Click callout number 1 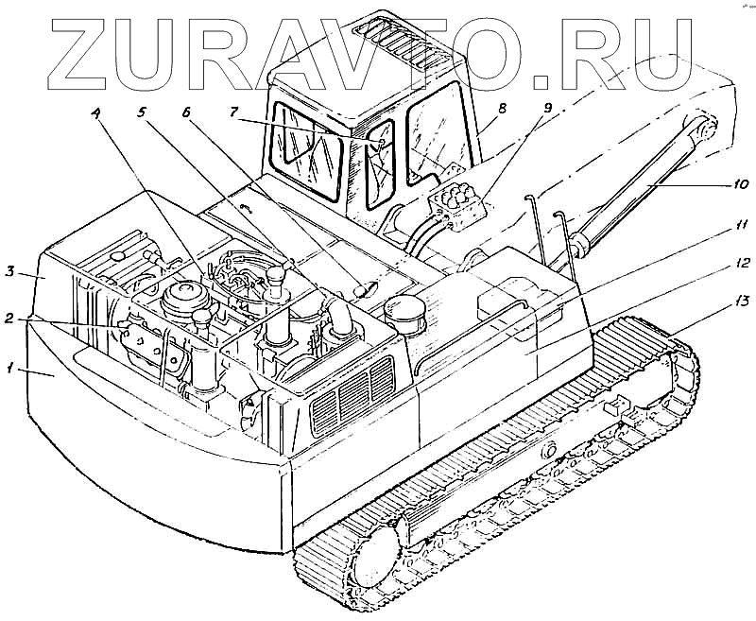(x=11, y=371)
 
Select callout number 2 (x=10, y=319)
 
